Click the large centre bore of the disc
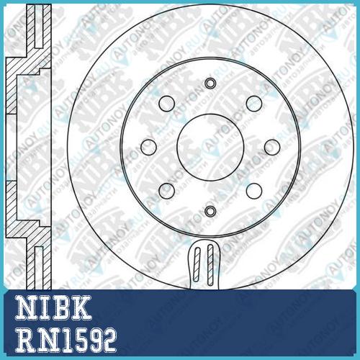210,147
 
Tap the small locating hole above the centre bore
210,84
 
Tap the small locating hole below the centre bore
210,211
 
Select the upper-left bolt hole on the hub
166,104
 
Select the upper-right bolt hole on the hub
254,104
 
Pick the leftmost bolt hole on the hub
148,147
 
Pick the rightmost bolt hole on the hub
272,147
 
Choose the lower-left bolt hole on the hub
166,191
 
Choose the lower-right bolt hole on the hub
254,191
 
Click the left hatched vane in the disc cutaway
197,264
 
